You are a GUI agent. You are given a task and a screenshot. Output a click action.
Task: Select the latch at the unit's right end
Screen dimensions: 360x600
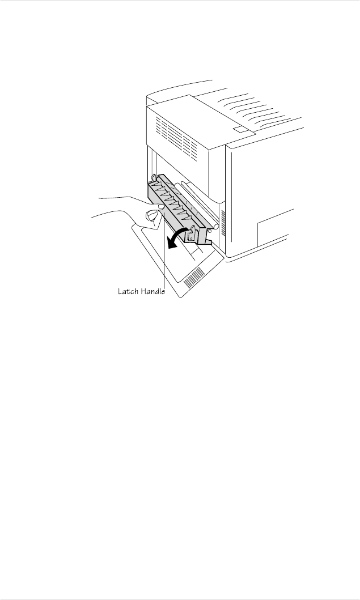(193, 232)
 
